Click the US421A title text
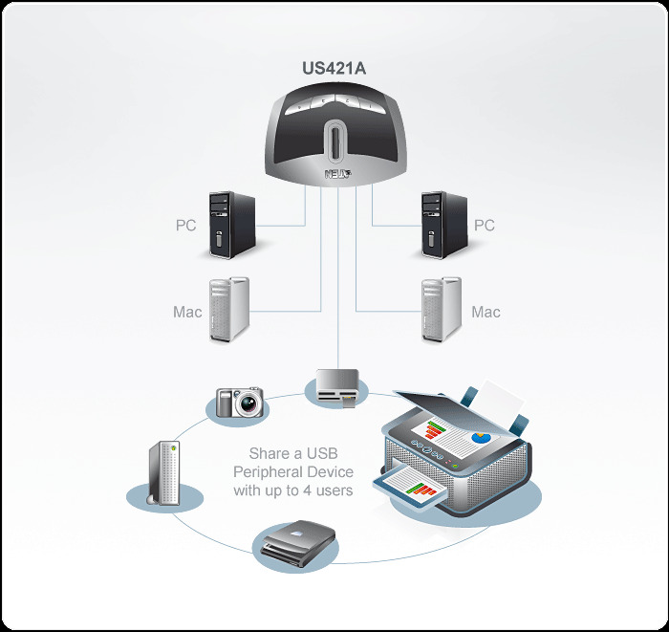click(x=334, y=68)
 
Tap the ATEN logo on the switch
click(x=336, y=174)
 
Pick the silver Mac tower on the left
click(x=228, y=310)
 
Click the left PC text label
click(x=186, y=226)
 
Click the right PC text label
click(x=485, y=226)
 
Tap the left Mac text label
click(x=187, y=312)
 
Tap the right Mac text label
click(x=486, y=312)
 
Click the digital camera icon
click(x=238, y=401)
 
